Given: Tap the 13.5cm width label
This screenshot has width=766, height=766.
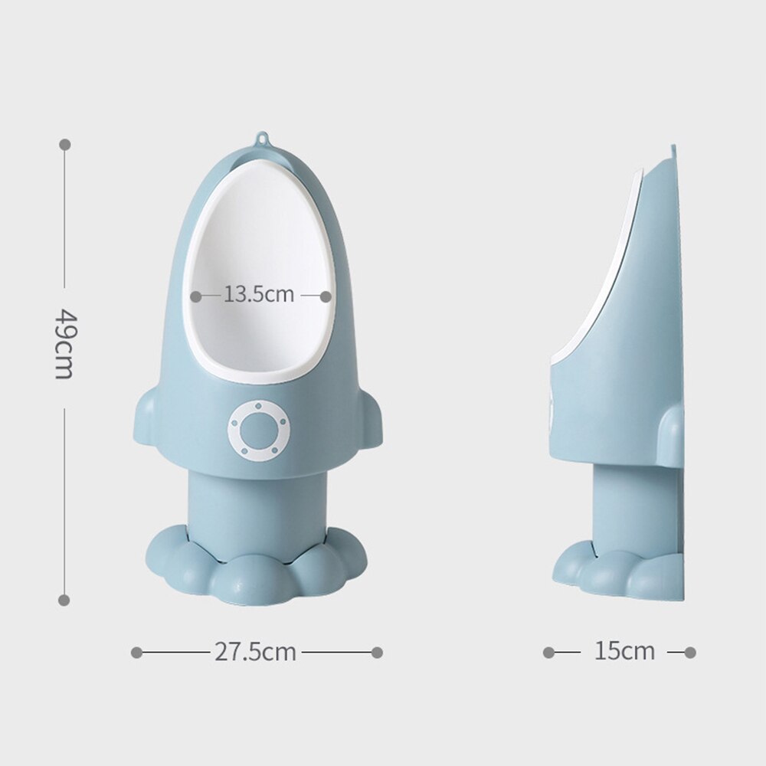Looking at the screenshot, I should pos(259,294).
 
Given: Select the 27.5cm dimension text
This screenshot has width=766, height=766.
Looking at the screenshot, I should pos(255,652).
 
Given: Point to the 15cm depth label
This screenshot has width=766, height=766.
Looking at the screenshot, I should pos(624,652).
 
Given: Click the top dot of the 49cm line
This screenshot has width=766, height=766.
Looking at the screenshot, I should pos(64,144).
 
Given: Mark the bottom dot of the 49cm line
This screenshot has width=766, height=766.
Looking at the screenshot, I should pos(64,600).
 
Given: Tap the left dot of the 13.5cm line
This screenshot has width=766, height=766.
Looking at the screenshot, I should pos(196,295).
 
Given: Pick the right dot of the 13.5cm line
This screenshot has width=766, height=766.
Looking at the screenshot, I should pos(326,295).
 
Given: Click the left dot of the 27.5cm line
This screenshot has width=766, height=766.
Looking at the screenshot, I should pos(136,653).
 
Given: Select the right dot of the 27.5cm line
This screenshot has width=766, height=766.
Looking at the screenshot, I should pos(376,653).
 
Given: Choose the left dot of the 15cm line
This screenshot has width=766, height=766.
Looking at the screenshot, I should pos(548,653).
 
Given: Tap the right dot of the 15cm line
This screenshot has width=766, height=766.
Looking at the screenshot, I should pos(690,653).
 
